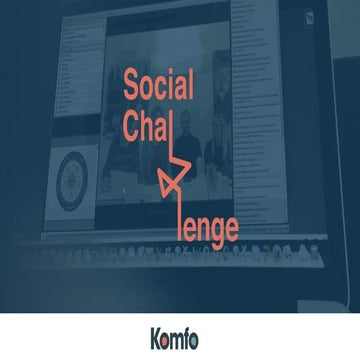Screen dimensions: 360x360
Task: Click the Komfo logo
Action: [x=180, y=336]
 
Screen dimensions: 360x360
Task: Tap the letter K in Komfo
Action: [x=157, y=336]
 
